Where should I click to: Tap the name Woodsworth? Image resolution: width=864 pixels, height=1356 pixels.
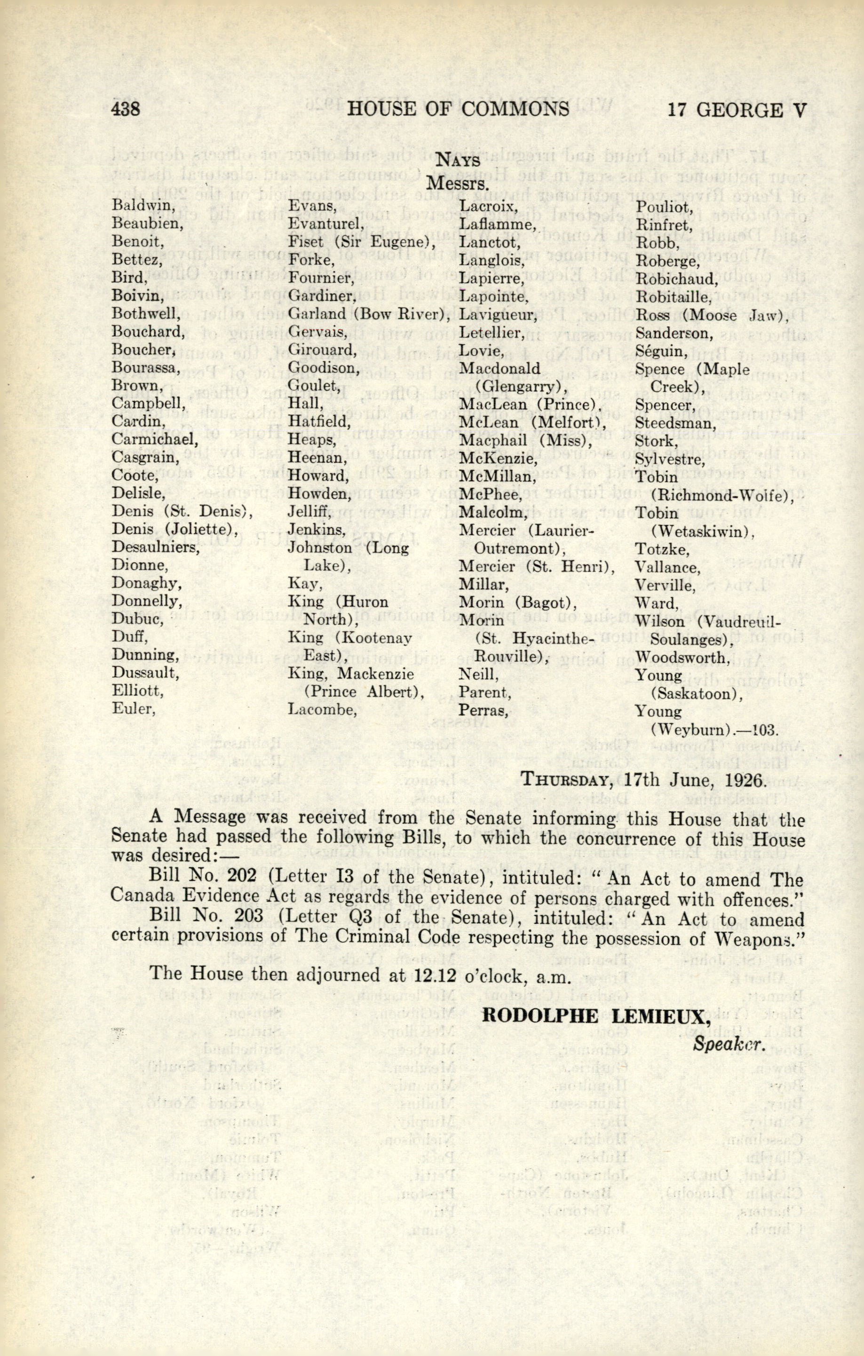click(674, 657)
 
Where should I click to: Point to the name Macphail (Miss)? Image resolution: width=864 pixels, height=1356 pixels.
click(501, 440)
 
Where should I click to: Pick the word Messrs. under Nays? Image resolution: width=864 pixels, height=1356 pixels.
click(457, 183)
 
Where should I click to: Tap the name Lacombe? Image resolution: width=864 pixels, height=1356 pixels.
click(322, 709)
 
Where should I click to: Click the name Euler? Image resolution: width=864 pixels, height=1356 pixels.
click(133, 708)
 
